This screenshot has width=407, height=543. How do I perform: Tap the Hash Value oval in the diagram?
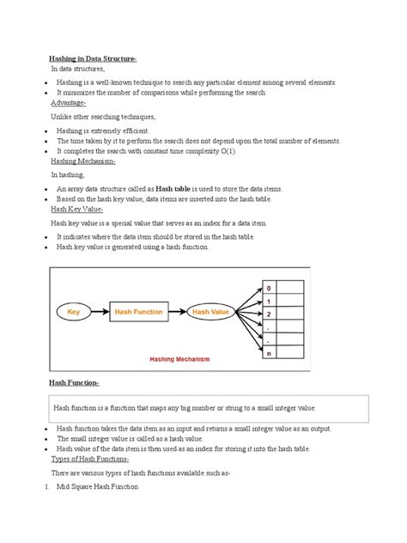[x=210, y=312]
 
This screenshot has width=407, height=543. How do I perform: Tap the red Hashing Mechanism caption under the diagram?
[x=179, y=359]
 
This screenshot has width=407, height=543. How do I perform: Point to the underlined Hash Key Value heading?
[x=77, y=209]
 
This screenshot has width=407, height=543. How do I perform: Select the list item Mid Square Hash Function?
[x=97, y=487]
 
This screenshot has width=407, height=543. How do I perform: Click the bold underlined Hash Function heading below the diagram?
[x=75, y=381]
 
